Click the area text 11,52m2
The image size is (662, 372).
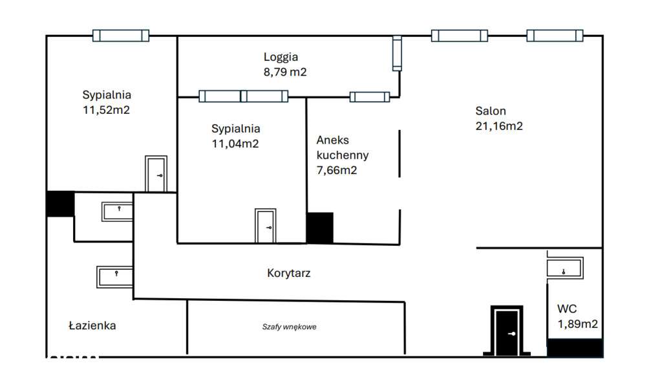pyautogui.click(x=106, y=110)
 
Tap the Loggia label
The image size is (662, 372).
pyautogui.click(x=281, y=57)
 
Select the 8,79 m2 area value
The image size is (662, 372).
pyautogui.click(x=284, y=72)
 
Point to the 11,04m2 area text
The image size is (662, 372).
pyautogui.click(x=235, y=144)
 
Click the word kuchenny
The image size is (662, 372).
pyautogui.click(x=343, y=155)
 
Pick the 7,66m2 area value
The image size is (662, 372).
pyautogui.click(x=336, y=171)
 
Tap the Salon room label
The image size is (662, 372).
pyautogui.click(x=491, y=111)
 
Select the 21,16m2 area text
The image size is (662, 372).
pyautogui.click(x=499, y=126)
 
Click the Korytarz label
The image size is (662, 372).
pyautogui.click(x=289, y=273)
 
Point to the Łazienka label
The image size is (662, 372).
pyautogui.click(x=92, y=325)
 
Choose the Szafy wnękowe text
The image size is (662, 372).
pyautogui.click(x=289, y=327)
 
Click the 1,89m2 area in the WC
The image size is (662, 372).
pyautogui.click(x=577, y=323)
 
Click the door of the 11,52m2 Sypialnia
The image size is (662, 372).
pyautogui.click(x=156, y=175)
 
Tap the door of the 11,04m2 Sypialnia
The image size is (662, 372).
pyautogui.click(x=265, y=226)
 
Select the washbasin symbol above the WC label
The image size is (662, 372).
pyautogui.click(x=564, y=268)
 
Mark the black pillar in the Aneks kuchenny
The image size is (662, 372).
pyautogui.click(x=319, y=228)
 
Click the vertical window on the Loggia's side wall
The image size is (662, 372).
pyautogui.click(x=397, y=53)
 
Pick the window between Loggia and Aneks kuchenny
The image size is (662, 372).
pyautogui.click(x=369, y=97)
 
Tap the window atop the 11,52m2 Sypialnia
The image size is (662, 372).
pyautogui.click(x=120, y=36)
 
